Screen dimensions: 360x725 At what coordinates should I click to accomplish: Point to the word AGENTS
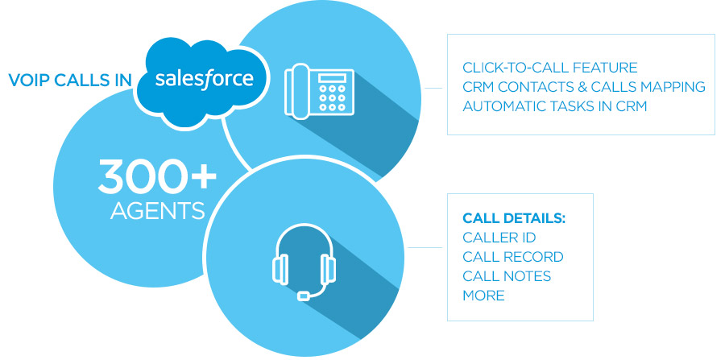click(157, 210)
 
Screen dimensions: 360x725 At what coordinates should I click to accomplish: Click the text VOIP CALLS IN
click(69, 81)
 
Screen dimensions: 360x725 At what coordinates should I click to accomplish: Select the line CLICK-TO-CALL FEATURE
click(550, 67)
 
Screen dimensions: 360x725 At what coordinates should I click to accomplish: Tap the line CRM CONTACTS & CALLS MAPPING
click(584, 86)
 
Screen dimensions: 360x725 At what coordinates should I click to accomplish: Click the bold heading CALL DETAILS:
click(515, 218)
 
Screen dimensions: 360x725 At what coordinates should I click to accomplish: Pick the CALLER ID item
click(499, 238)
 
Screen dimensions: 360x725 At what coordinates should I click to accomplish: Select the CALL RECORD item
click(513, 257)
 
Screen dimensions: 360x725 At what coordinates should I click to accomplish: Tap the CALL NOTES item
click(507, 276)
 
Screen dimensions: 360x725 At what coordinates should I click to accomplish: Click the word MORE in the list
click(483, 296)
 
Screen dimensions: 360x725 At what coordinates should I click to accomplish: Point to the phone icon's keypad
click(333, 94)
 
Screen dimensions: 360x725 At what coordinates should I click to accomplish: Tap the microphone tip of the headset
click(303, 296)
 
